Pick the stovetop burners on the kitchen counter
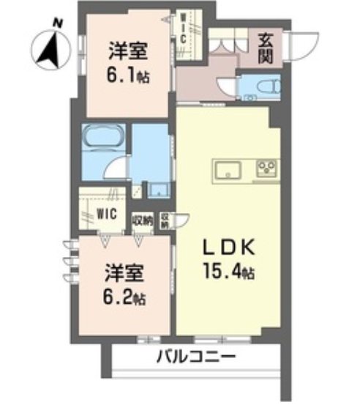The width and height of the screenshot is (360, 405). pos(266,170)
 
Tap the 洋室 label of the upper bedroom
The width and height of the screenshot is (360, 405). pos(126,51)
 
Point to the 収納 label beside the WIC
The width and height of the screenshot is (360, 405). pos(141,218)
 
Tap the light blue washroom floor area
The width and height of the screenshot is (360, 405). pos(151,150)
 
